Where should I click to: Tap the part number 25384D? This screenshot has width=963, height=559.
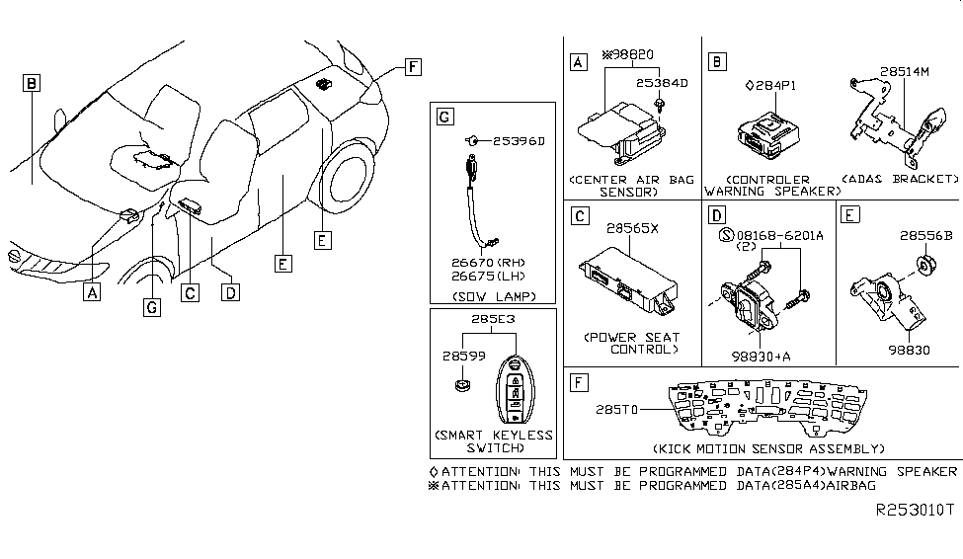661,83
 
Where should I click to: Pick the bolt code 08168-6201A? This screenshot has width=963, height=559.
777,237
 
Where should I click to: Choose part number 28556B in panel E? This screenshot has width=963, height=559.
925,236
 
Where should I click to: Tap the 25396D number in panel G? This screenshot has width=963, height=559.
518,141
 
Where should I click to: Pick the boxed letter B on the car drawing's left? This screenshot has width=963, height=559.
32,84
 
